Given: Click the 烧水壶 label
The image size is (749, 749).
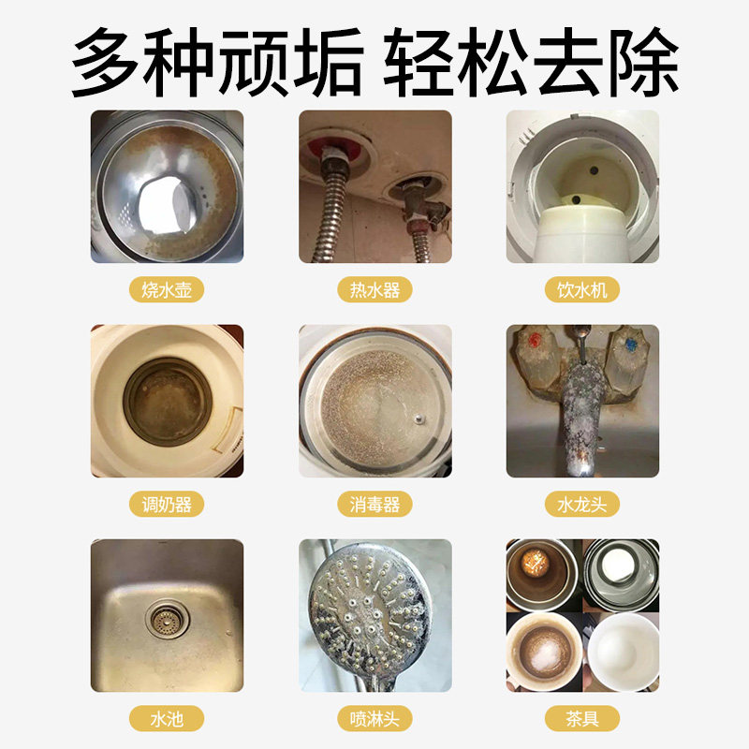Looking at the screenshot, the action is [x=167, y=289].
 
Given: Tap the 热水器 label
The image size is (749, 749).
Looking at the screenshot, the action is [x=375, y=289].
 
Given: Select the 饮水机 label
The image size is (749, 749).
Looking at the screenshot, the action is [x=582, y=289].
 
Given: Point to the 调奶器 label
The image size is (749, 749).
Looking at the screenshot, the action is [x=167, y=504].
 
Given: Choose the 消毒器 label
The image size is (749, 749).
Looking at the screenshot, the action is [x=375, y=504].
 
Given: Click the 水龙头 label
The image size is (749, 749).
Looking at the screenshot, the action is [x=582, y=504].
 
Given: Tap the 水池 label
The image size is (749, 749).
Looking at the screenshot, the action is [x=167, y=718].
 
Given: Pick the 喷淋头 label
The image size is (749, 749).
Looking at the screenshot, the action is [x=375, y=718].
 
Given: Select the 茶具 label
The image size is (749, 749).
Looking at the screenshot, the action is [x=582, y=718].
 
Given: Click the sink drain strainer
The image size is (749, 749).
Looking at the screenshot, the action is [x=167, y=620].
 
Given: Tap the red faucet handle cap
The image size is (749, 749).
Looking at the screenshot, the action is [x=535, y=341].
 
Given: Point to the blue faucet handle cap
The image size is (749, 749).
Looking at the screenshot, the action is [x=631, y=344].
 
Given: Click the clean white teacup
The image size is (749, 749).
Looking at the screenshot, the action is [x=623, y=652].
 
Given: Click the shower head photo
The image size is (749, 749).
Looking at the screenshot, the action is [x=375, y=615].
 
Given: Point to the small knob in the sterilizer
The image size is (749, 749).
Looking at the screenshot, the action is [x=419, y=419].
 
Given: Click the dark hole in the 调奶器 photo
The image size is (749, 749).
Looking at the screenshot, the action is [x=168, y=402].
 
